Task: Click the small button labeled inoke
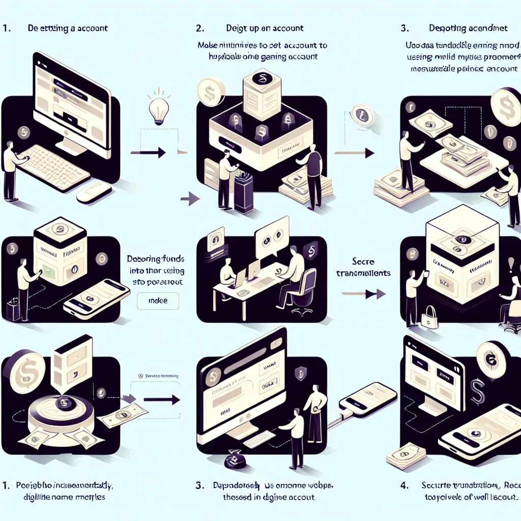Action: (x=158, y=301)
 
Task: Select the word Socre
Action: (x=363, y=262)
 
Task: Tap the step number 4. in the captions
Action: (x=404, y=486)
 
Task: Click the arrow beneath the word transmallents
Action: (x=362, y=294)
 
